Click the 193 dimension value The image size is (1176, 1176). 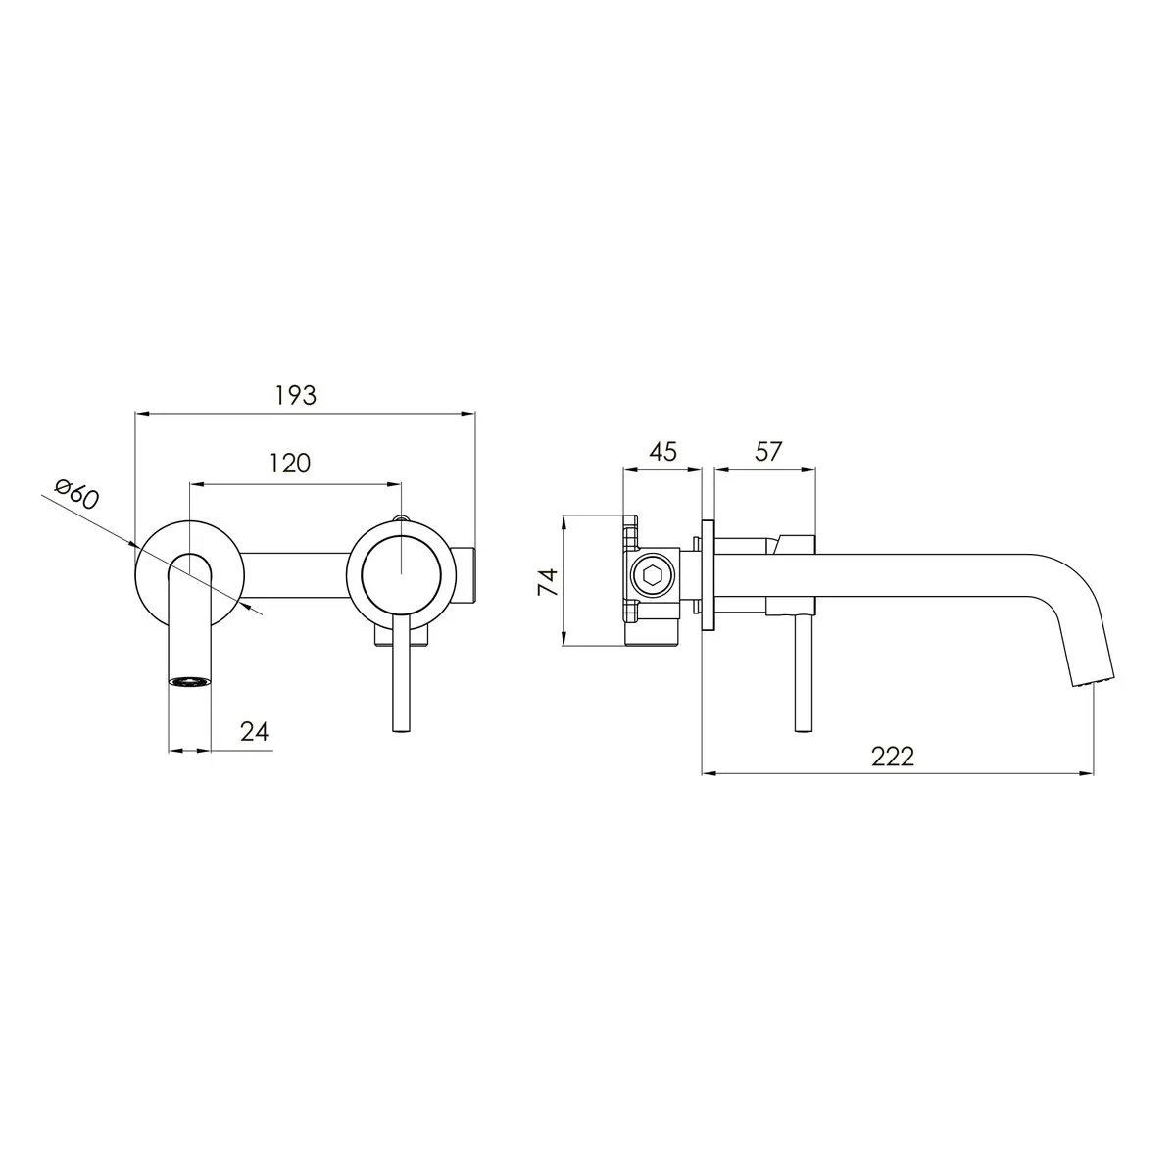[295, 396]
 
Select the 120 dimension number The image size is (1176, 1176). [290, 464]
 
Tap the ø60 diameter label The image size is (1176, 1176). [76, 494]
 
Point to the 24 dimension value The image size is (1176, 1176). [255, 731]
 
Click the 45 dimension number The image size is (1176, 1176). [662, 452]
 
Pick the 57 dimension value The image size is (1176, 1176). [767, 452]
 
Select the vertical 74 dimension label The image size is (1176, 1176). [548, 581]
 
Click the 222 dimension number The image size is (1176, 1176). [893, 757]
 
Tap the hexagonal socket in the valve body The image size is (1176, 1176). [652, 576]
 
